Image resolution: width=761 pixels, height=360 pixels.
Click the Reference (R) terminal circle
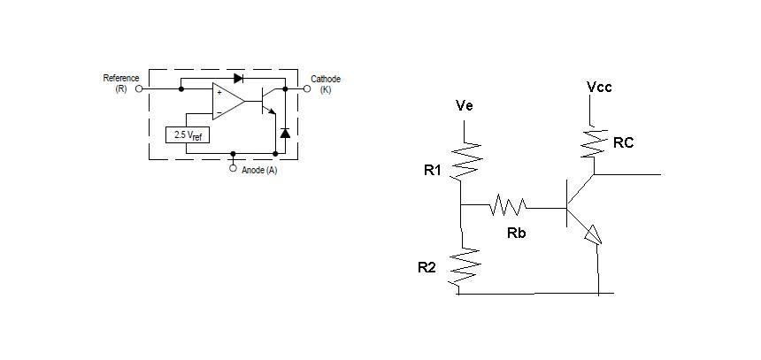(139, 88)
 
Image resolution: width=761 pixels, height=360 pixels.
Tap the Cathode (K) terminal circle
(307, 88)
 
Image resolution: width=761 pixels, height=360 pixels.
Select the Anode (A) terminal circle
(233, 168)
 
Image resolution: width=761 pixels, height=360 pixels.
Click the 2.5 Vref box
(188, 134)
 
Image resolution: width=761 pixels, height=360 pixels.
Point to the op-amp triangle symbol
(228, 101)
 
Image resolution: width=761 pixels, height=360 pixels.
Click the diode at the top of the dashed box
(238, 78)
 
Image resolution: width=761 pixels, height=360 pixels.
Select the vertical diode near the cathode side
(285, 133)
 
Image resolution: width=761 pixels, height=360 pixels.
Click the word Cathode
(326, 79)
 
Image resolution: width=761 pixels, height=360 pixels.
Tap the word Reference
(121, 78)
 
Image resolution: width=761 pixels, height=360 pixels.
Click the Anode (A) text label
(259, 171)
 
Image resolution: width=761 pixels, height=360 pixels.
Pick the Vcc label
(599, 87)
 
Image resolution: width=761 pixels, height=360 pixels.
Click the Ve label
(465, 105)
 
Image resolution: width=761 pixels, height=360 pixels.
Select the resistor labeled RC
(594, 142)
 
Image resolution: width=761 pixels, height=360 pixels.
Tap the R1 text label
(432, 171)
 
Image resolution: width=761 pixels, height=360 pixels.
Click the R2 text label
(427, 267)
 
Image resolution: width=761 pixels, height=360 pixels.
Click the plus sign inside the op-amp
(219, 92)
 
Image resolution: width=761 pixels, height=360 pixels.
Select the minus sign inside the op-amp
(219, 112)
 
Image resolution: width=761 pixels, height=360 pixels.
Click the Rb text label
(517, 234)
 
